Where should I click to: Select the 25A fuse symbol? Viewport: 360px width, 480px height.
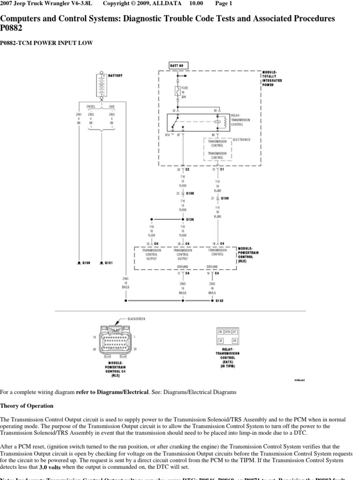[x=177, y=91]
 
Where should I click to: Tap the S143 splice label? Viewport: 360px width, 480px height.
[x=219, y=300]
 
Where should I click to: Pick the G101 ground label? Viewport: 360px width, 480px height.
[x=108, y=263]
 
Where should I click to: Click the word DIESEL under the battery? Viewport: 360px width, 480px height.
[x=91, y=106]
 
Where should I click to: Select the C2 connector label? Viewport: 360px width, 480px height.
[x=187, y=170]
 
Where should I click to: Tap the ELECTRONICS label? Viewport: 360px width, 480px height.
[x=242, y=139]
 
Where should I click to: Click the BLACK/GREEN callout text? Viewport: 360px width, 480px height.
[x=136, y=319]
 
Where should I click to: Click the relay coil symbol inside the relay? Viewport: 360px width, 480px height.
[x=224, y=122]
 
